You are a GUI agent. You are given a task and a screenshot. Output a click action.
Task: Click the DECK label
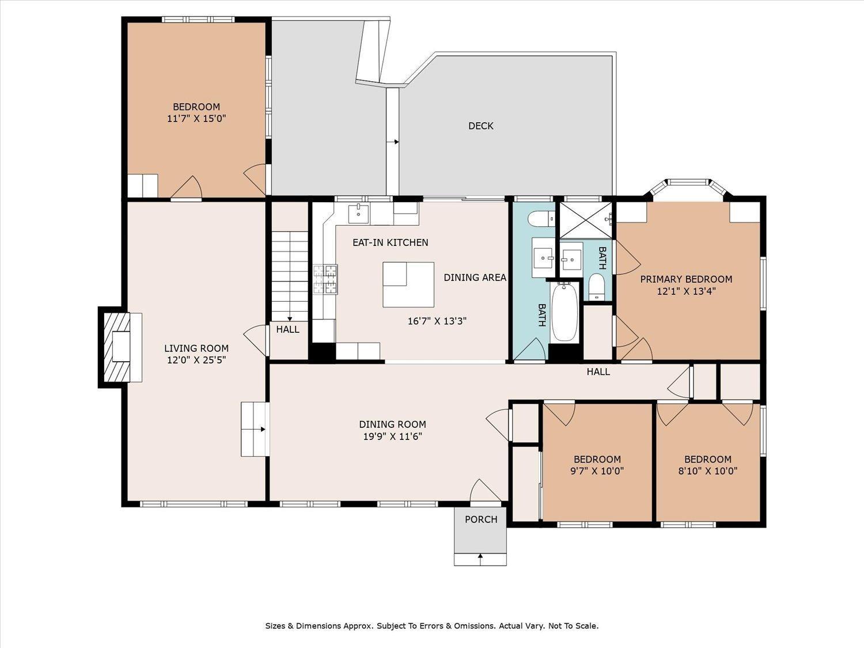[480, 126]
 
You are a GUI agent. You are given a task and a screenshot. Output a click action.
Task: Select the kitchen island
[408, 285]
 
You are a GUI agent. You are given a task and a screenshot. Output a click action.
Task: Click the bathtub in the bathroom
[564, 312]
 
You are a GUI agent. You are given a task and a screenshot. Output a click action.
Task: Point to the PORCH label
[480, 520]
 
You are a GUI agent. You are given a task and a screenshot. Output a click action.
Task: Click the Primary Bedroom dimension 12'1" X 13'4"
[686, 291]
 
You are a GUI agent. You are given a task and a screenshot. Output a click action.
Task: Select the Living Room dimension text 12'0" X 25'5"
[196, 360]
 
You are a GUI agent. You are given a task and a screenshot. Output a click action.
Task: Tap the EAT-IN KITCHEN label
[390, 242]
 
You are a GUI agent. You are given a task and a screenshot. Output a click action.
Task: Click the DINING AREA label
[475, 278]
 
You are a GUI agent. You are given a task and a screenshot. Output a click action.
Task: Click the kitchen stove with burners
[325, 279]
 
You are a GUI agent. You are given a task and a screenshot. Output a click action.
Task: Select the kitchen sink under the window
[358, 213]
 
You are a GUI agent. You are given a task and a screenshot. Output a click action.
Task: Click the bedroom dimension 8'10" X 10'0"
[707, 471]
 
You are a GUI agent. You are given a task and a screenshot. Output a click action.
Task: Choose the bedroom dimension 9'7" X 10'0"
[597, 471]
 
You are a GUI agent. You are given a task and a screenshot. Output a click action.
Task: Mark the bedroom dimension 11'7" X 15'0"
[196, 119]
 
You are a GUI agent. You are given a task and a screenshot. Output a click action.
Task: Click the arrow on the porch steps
[480, 556]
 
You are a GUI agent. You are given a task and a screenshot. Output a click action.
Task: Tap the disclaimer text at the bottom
[431, 626]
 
